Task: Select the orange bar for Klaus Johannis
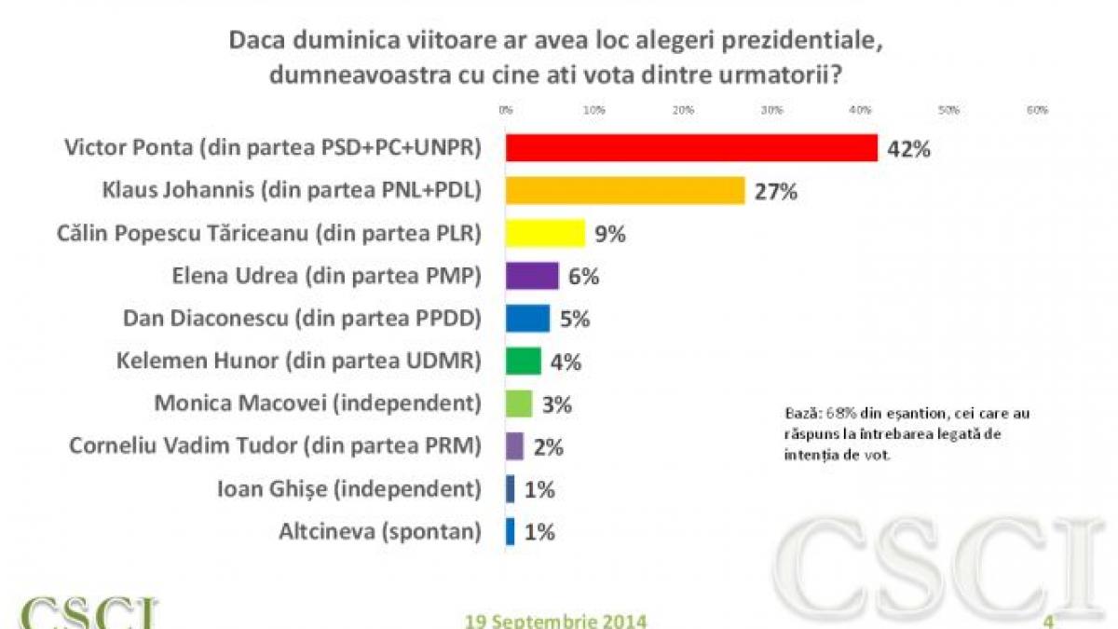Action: [625, 191]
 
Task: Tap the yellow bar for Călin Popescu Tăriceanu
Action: [545, 233]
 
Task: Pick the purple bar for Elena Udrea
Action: [532, 276]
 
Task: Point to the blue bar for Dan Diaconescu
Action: [527, 318]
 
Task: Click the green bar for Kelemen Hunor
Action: [523, 361]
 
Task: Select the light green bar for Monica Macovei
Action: [519, 403]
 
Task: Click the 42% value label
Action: [908, 149]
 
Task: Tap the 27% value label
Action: [776, 192]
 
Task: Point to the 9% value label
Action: [609, 234]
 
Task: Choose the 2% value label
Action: [549, 446]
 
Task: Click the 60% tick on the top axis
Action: [1037, 110]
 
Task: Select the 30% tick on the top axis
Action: [771, 110]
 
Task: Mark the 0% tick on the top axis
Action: [506, 110]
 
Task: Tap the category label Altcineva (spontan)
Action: [380, 531]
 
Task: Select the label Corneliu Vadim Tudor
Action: [276, 446]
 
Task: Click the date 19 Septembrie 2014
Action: [555, 621]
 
